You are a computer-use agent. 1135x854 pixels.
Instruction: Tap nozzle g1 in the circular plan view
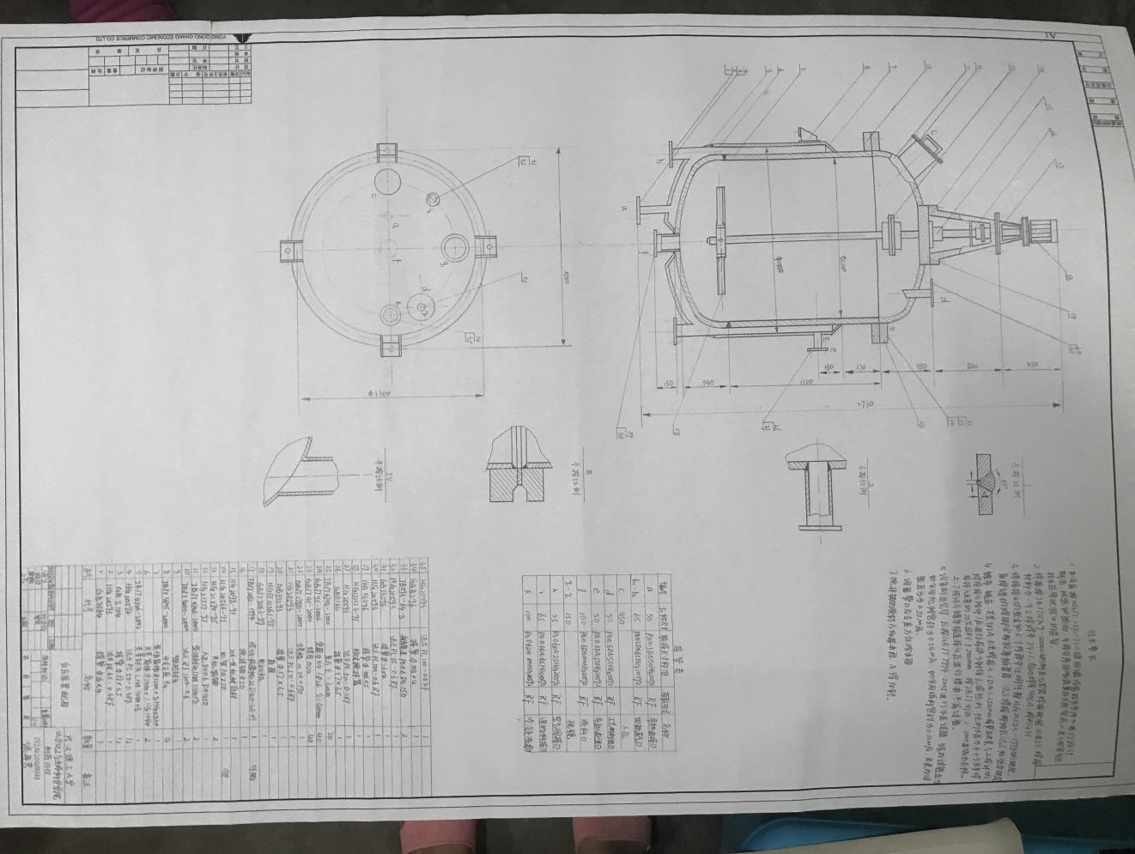(x=432, y=199)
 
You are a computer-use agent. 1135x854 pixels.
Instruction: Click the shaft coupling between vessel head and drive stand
(x=896, y=233)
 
